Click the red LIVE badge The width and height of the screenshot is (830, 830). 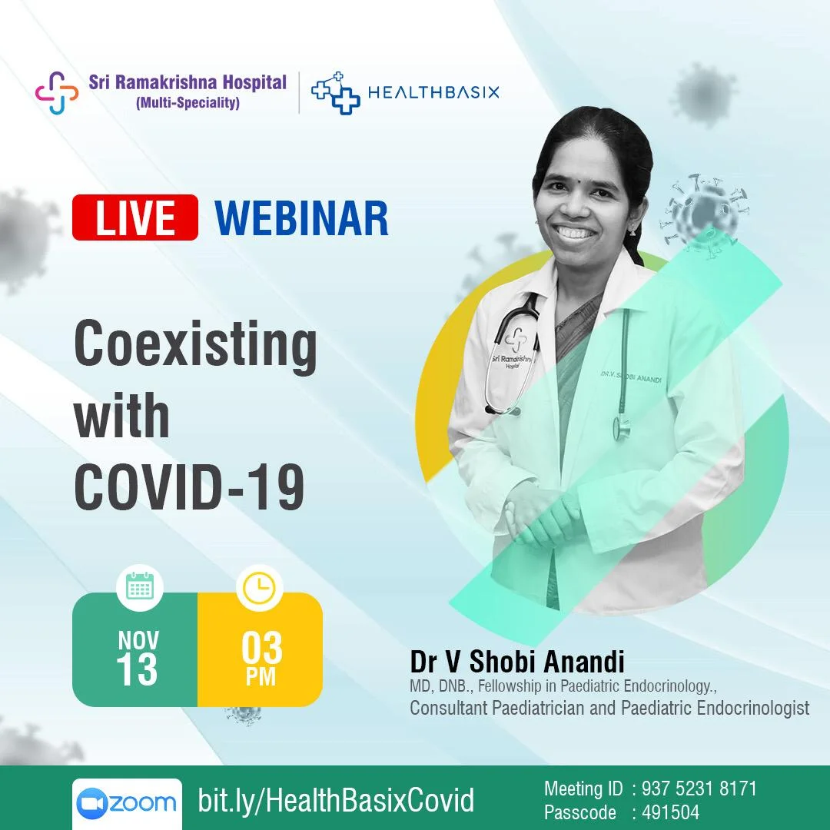[135, 217]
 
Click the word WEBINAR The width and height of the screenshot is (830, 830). [301, 218]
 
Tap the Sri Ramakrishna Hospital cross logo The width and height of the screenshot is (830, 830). [57, 93]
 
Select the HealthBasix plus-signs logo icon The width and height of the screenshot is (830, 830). [336, 93]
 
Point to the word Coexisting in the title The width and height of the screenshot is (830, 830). [195, 344]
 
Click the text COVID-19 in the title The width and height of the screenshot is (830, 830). [190, 486]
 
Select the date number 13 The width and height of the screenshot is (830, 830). [137, 669]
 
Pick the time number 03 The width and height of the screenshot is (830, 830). [261, 649]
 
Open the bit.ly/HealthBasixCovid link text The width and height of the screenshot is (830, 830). [336, 800]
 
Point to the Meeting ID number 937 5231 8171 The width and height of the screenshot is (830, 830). [699, 788]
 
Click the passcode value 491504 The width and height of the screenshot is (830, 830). [671, 812]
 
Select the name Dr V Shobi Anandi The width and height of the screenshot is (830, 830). [517, 662]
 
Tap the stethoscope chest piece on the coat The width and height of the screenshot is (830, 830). [622, 427]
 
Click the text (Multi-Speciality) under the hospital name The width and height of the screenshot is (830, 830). [188, 103]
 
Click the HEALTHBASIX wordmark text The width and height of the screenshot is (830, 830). [433, 93]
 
